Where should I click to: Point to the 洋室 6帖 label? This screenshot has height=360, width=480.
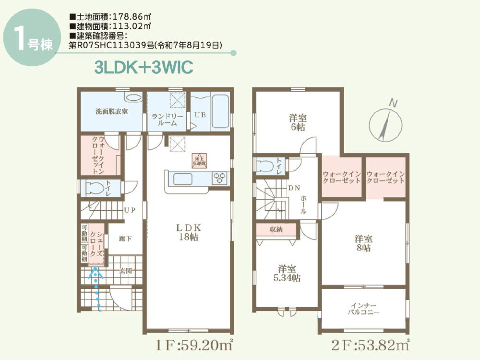(298, 122)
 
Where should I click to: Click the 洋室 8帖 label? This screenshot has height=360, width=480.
(363, 243)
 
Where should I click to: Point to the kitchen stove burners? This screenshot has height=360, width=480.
(220, 177)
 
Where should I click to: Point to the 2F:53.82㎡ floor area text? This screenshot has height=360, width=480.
(370, 345)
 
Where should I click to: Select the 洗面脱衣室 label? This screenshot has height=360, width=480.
(111, 111)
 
